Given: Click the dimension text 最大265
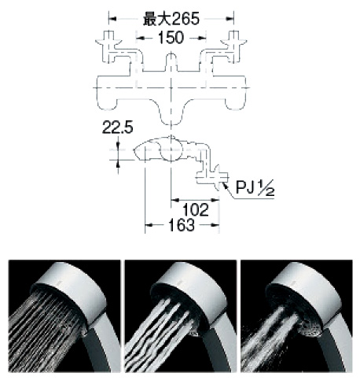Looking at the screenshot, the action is click(171, 19).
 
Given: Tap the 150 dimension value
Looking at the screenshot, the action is click(171, 38).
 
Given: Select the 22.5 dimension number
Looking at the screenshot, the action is click(117, 127).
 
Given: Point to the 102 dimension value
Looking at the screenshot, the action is click(196, 210).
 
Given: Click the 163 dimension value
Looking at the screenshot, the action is click(182, 225).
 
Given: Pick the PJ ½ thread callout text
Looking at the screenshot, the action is click(255, 187).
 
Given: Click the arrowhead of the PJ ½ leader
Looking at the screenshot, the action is click(224, 184).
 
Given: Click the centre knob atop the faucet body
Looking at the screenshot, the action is click(171, 62).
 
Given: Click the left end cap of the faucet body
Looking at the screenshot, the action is click(106, 92).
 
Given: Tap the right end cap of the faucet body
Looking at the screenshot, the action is click(236, 92).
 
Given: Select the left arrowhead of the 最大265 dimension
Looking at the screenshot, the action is click(112, 19).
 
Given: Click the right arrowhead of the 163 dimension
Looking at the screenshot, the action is click(215, 225).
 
